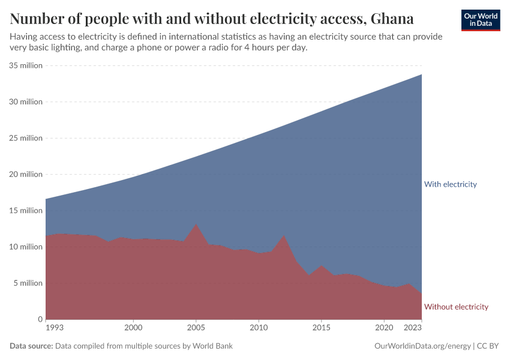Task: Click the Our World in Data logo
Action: pyautogui.click(x=481, y=20)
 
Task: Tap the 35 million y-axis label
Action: pyautogui.click(x=25, y=65)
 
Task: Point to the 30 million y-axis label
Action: pyautogui.click(x=25, y=102)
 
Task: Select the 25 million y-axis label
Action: pyautogui.click(x=25, y=138)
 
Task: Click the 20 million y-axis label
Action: pyautogui.click(x=25, y=175)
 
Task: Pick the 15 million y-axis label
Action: pyautogui.click(x=25, y=211)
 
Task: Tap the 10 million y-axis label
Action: pyautogui.click(x=25, y=247)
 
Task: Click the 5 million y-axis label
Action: pyautogui.click(x=27, y=283)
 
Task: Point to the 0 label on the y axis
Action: pyautogui.click(x=40, y=319)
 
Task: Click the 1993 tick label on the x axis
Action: pyautogui.click(x=54, y=329)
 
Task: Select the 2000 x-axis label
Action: pyautogui.click(x=133, y=329)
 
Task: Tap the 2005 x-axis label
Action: pyautogui.click(x=196, y=329)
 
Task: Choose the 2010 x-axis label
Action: pyautogui.click(x=259, y=329)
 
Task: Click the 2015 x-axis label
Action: pyautogui.click(x=321, y=329)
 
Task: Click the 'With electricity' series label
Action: pyautogui.click(x=450, y=184)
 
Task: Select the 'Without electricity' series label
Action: pyautogui.click(x=456, y=307)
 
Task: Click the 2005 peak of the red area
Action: pyautogui.click(x=196, y=224)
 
